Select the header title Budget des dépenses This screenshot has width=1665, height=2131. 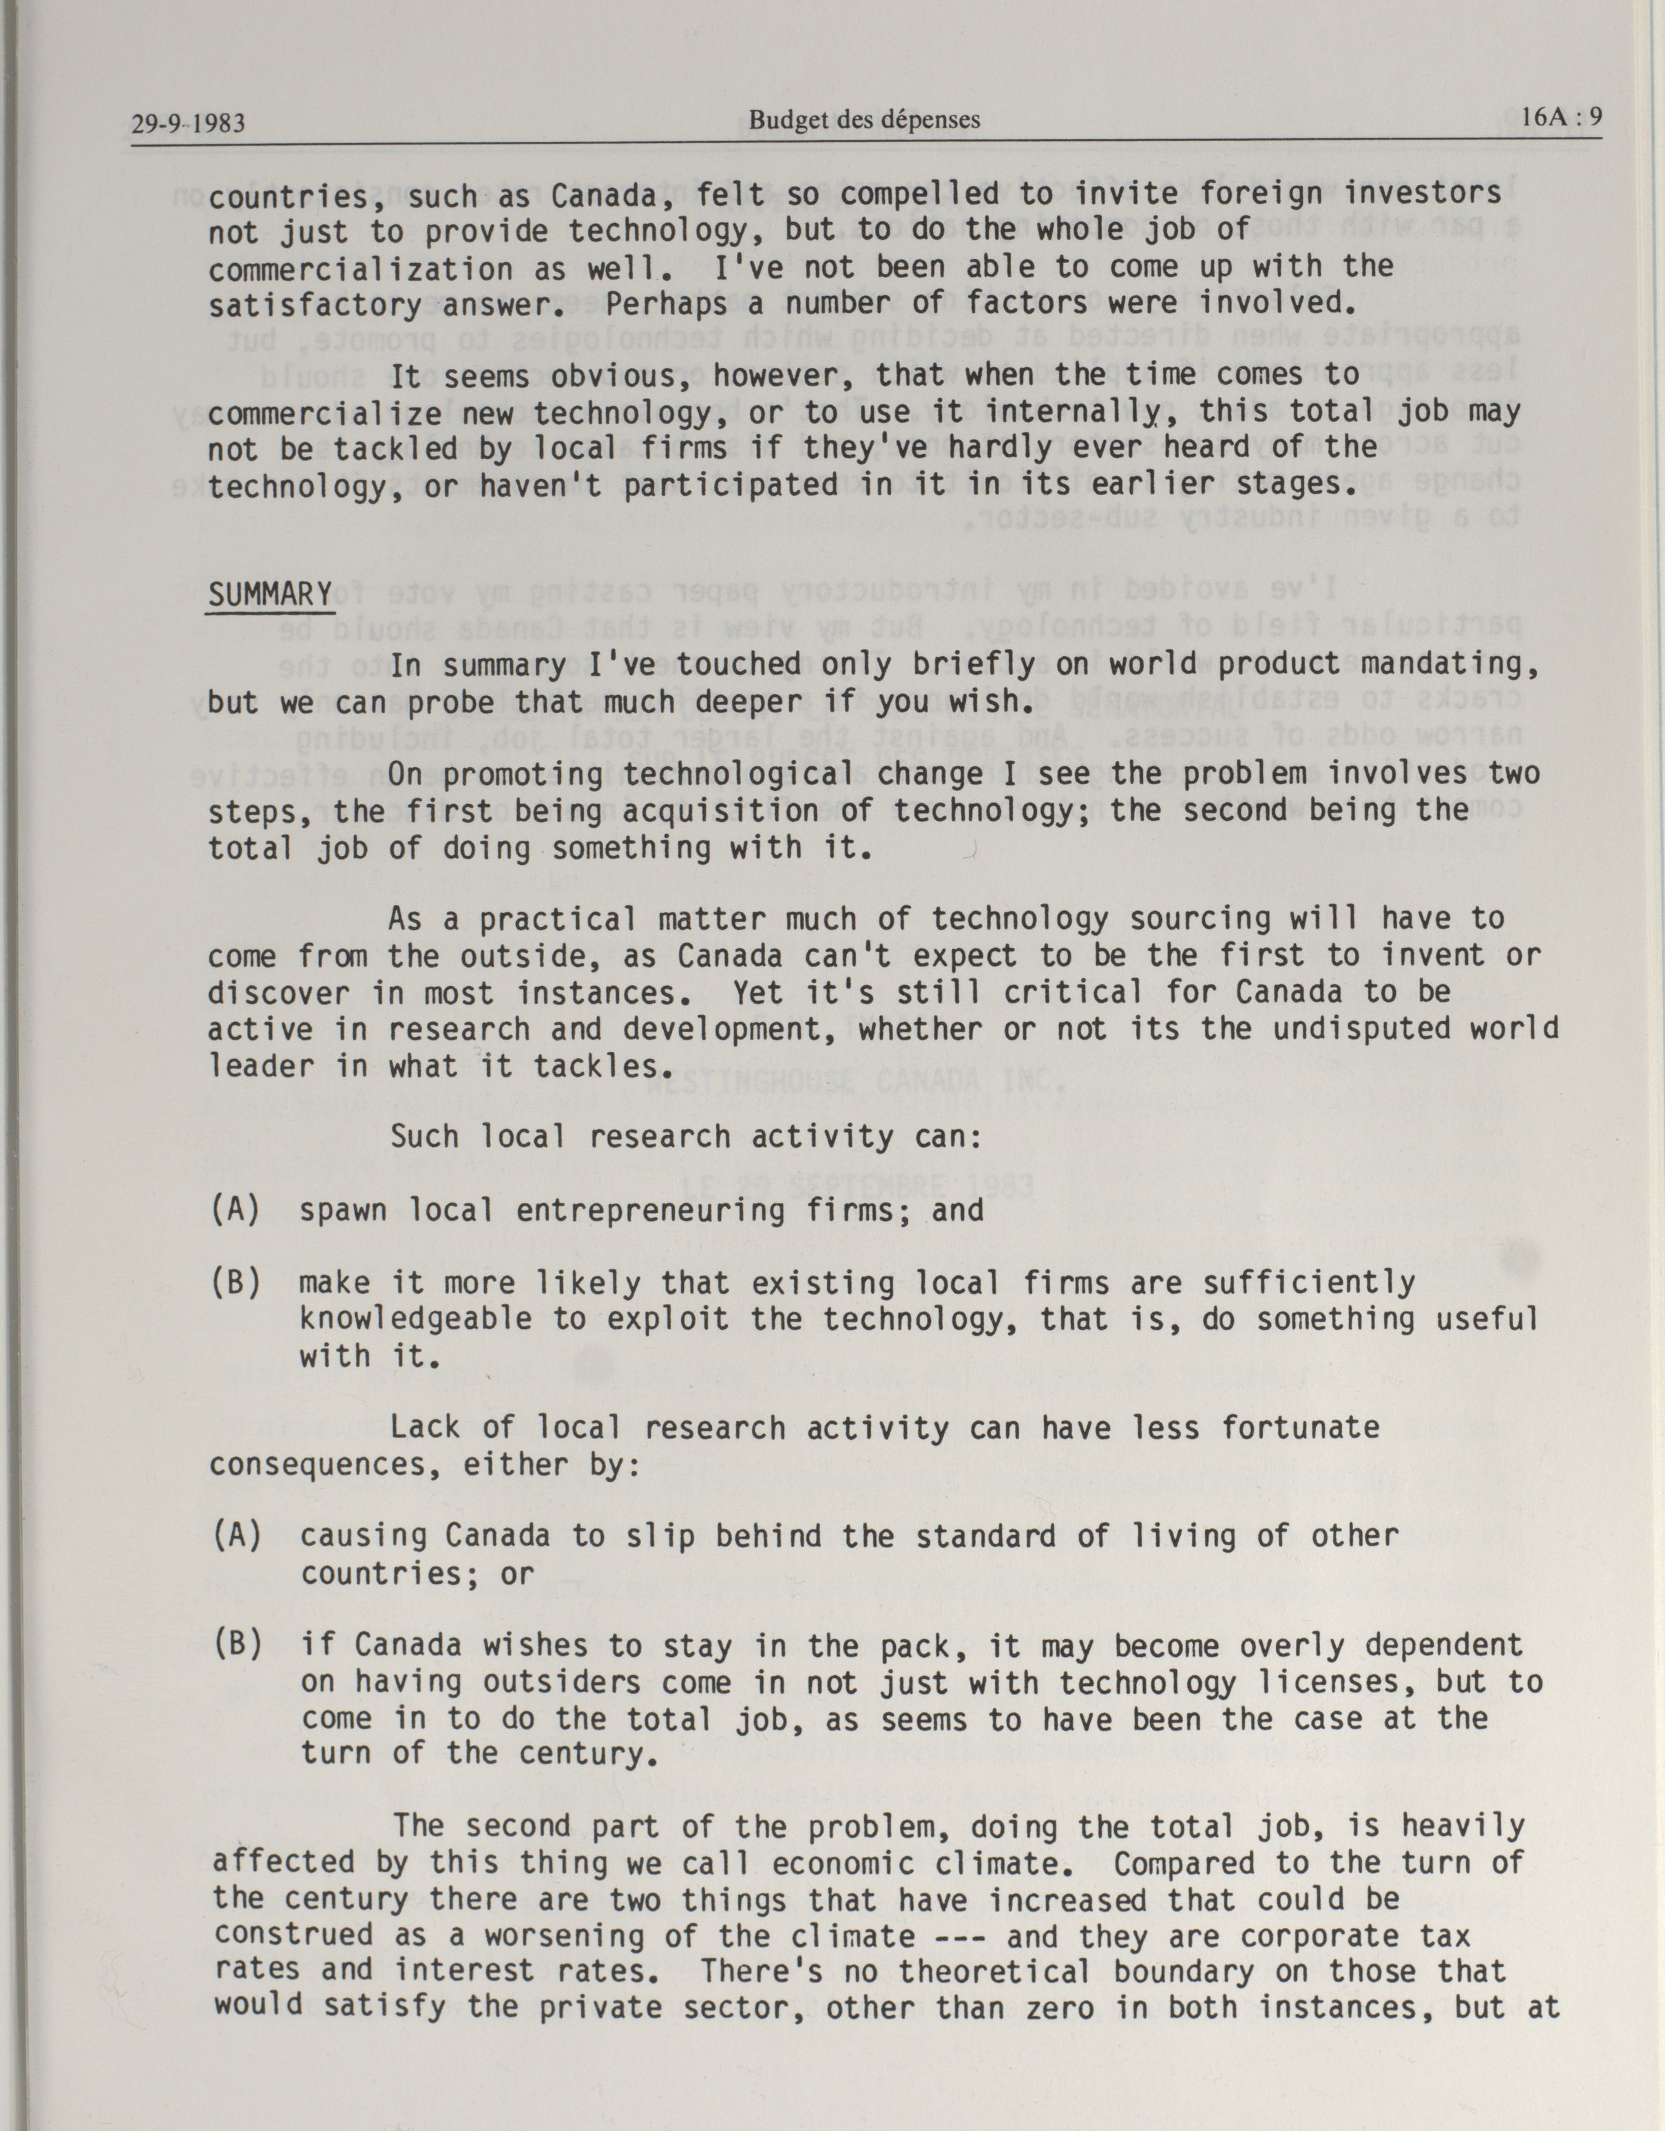(863, 120)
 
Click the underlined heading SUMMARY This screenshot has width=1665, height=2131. (271, 594)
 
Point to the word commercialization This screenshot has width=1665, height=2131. (360, 269)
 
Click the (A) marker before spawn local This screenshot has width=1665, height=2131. (236, 1211)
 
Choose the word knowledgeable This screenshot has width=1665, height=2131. (416, 1320)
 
